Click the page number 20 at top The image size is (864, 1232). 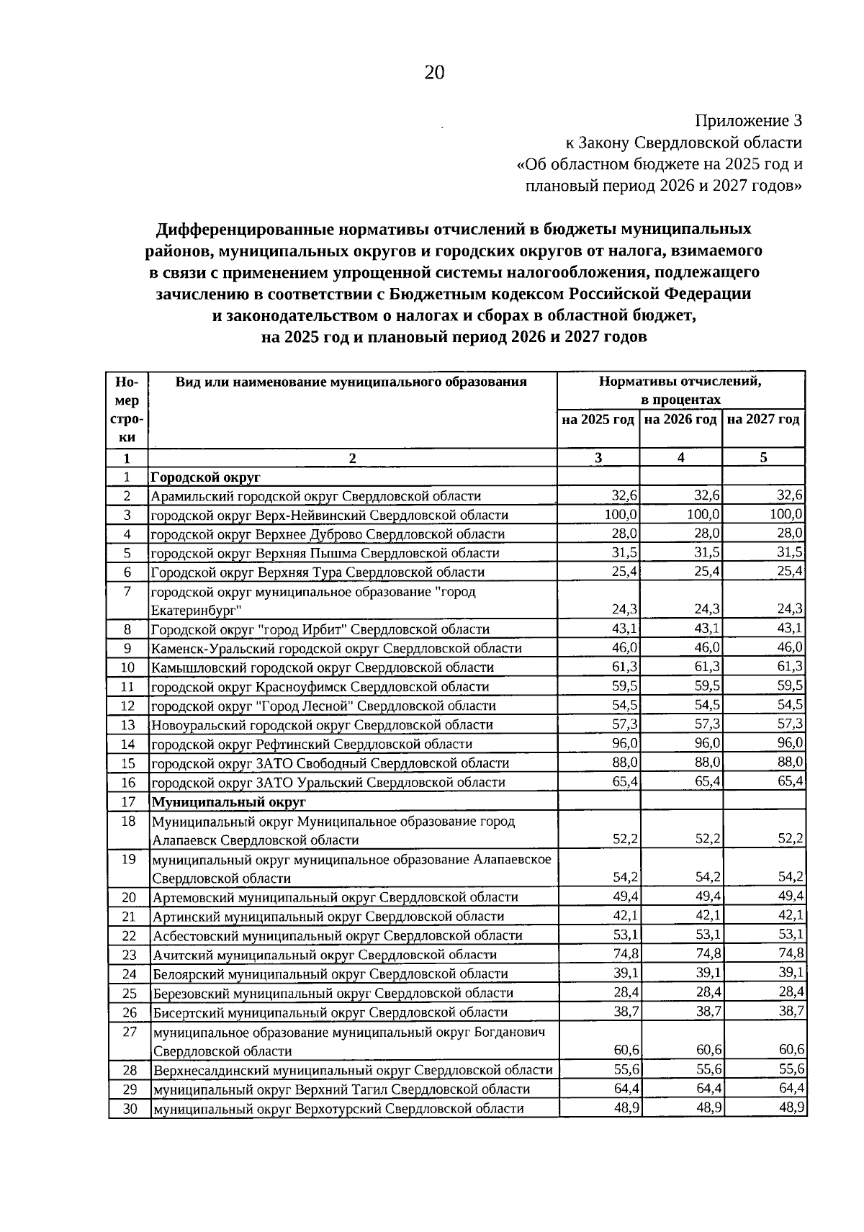click(435, 73)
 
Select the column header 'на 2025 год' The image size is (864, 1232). click(598, 419)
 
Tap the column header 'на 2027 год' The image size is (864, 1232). click(763, 419)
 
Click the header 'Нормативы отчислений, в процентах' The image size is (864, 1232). click(680, 390)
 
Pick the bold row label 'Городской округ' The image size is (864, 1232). click(205, 477)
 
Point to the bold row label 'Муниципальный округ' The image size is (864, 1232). click(228, 801)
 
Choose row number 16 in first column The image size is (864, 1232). click(128, 782)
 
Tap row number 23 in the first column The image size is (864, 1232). click(129, 955)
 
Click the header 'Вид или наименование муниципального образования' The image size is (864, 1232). click(351, 382)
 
